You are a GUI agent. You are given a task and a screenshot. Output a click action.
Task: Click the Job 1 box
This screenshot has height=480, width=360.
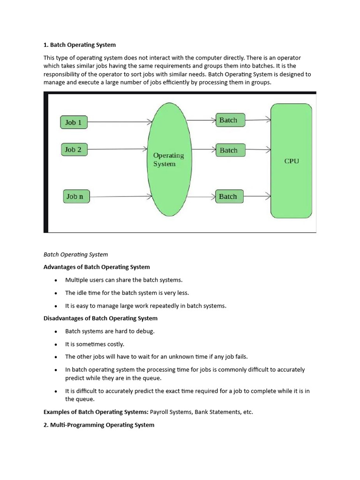pos(74,122)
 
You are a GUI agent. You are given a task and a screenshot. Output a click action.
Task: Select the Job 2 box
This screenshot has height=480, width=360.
pos(74,150)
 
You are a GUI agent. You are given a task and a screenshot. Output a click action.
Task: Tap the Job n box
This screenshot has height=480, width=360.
pos(75,196)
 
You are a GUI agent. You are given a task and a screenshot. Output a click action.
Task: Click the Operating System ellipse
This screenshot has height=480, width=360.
pos(169,159)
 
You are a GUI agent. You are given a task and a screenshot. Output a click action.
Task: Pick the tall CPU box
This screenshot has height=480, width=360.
pos(291,161)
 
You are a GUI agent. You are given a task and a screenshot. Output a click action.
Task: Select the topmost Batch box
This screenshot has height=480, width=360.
pos(229,120)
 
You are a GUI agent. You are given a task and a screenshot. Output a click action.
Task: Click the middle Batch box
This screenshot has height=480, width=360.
pos(229,150)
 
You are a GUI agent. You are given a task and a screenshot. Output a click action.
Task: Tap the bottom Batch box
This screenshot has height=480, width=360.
pos(229,196)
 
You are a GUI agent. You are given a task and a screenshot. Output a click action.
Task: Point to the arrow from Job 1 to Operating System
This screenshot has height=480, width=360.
pos(119,122)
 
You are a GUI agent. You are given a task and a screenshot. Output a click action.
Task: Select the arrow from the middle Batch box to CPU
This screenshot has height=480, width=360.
pos(257,150)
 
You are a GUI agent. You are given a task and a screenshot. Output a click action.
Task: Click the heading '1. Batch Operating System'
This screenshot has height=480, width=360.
pos(80,45)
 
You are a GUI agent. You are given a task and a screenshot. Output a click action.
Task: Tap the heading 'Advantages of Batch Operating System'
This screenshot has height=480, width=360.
pos(97,267)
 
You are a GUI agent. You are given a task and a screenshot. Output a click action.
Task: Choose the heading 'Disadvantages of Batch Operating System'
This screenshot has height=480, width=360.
pos(100,318)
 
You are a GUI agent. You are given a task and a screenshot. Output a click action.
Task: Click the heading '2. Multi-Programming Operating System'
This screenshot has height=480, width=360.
pos(99,425)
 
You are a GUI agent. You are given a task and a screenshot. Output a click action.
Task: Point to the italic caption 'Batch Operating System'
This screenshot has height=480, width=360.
pos(75,255)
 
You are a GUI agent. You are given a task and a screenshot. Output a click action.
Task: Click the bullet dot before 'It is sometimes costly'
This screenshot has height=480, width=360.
pos(55,344)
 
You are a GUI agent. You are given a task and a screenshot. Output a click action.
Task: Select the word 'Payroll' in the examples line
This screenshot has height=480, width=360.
pos(161,412)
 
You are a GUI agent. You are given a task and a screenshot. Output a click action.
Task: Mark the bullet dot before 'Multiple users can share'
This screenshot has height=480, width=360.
pos(55,280)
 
